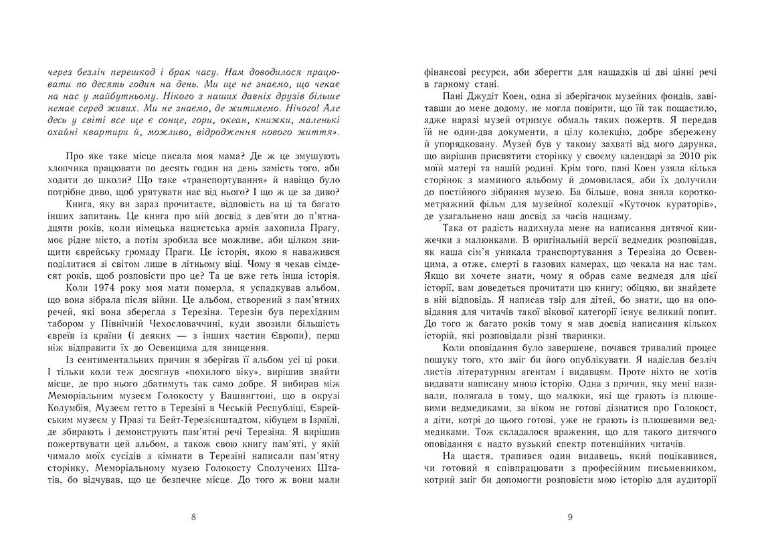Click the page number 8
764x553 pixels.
tap(193, 516)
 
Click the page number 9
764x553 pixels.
tap(569, 516)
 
